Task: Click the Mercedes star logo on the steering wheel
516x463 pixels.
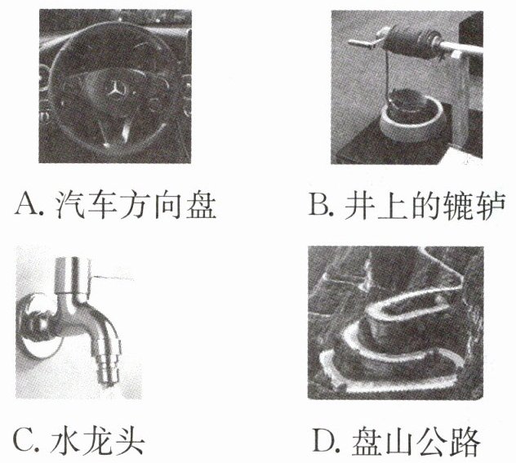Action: point(115,89)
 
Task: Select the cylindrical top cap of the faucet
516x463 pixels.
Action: point(73,274)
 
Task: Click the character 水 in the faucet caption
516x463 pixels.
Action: point(64,441)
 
